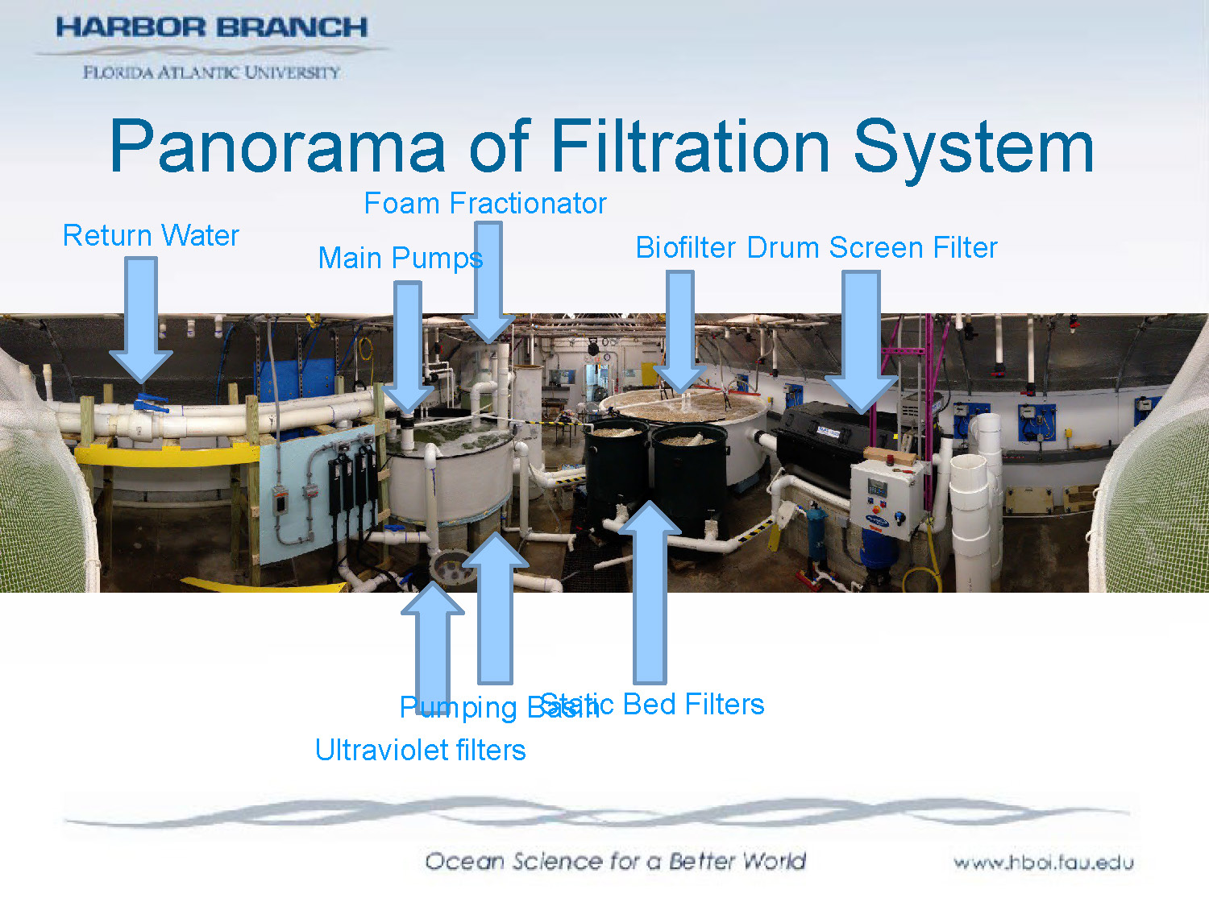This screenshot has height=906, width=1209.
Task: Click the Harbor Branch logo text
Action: click(x=211, y=27)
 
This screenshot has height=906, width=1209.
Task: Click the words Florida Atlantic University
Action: click(x=211, y=72)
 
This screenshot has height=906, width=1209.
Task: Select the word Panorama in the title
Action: click(x=277, y=147)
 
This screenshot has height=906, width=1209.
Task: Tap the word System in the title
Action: click(x=974, y=147)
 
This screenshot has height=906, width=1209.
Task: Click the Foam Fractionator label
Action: click(x=484, y=204)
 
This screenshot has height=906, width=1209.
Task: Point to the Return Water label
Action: click(x=151, y=236)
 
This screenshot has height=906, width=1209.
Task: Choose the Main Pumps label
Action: click(x=400, y=259)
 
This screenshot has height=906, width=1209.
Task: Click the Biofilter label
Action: click(x=685, y=248)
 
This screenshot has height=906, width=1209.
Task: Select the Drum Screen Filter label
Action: click(x=872, y=248)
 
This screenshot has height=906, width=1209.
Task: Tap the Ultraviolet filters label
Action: click(x=420, y=751)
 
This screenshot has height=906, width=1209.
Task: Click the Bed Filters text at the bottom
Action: click(x=693, y=705)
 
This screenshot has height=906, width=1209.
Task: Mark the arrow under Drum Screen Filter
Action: click(x=861, y=338)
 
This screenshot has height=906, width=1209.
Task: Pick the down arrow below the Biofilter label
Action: click(x=679, y=330)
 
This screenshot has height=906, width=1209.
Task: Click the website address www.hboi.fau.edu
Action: click(x=1043, y=863)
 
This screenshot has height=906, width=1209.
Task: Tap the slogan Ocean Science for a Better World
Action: click(x=615, y=862)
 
